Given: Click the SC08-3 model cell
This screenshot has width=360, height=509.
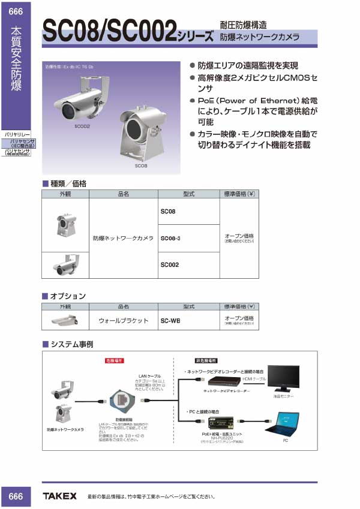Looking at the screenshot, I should (171, 238).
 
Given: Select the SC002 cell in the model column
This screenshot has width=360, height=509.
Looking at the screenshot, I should (170, 264).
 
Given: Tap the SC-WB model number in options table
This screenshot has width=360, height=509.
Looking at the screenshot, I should (170, 320).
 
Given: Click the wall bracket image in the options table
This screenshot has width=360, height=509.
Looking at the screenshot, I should (64, 320).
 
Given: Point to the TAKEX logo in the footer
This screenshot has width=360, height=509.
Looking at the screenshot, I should (59, 496).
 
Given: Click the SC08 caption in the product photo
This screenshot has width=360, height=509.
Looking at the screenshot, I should (141, 165).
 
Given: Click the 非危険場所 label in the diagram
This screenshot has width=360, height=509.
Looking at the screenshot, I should (205, 361).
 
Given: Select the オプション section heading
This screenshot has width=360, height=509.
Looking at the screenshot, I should (67, 296).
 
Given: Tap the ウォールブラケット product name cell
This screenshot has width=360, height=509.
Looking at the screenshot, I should (123, 320).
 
